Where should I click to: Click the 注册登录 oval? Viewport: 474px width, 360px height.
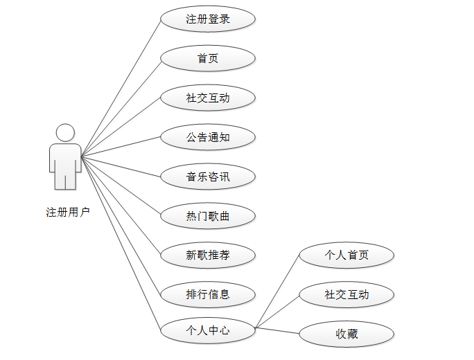click(x=208, y=19)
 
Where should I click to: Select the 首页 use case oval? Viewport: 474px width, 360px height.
click(x=208, y=59)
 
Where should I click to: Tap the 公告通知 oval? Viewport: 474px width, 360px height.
click(x=208, y=137)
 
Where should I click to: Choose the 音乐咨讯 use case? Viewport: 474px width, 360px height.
click(x=208, y=177)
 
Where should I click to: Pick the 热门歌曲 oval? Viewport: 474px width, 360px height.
click(x=208, y=217)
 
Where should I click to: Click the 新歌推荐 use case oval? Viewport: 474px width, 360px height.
click(x=208, y=255)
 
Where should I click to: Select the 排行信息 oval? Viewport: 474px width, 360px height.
click(x=208, y=294)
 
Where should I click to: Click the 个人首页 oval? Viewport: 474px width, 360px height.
click(x=346, y=255)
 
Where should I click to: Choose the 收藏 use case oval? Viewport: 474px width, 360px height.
click(x=346, y=334)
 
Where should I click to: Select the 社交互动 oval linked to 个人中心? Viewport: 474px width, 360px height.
click(x=346, y=294)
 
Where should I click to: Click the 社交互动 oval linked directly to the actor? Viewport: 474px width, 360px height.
click(x=208, y=98)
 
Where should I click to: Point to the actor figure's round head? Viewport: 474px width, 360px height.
click(x=65, y=132)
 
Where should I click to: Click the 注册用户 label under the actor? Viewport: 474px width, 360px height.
click(x=68, y=212)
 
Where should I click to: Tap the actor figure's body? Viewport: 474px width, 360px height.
click(x=65, y=163)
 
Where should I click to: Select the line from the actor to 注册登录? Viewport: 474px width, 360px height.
click(x=121, y=88)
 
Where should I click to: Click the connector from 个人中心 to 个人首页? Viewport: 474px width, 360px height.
click(x=277, y=291)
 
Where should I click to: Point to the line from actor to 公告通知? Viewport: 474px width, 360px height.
click(x=121, y=147)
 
